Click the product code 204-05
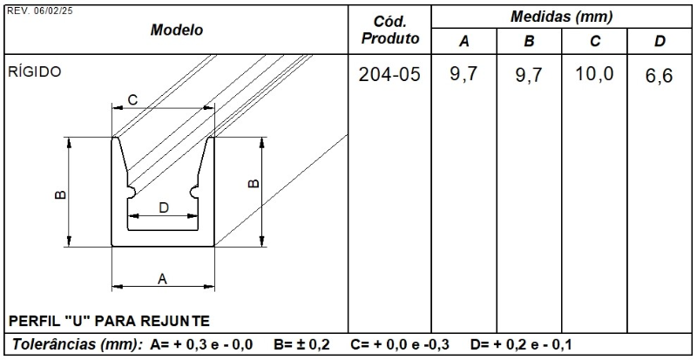click(x=389, y=76)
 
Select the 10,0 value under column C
click(x=595, y=75)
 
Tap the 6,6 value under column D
click(x=660, y=77)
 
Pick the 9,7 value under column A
click(x=464, y=75)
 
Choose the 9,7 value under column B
click(x=529, y=77)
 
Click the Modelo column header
click(x=177, y=30)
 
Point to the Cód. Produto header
click(x=389, y=30)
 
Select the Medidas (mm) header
click(x=562, y=17)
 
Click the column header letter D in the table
click(x=660, y=42)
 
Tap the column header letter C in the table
click(x=595, y=42)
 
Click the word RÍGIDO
click(x=35, y=72)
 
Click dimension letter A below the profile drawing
click(x=162, y=279)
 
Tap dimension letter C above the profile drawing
click(x=132, y=100)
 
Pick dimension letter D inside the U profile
click(x=164, y=207)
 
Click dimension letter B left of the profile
click(x=59, y=194)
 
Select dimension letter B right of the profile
click(x=254, y=183)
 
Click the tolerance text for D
click(x=520, y=344)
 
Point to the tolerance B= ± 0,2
click(x=301, y=344)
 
